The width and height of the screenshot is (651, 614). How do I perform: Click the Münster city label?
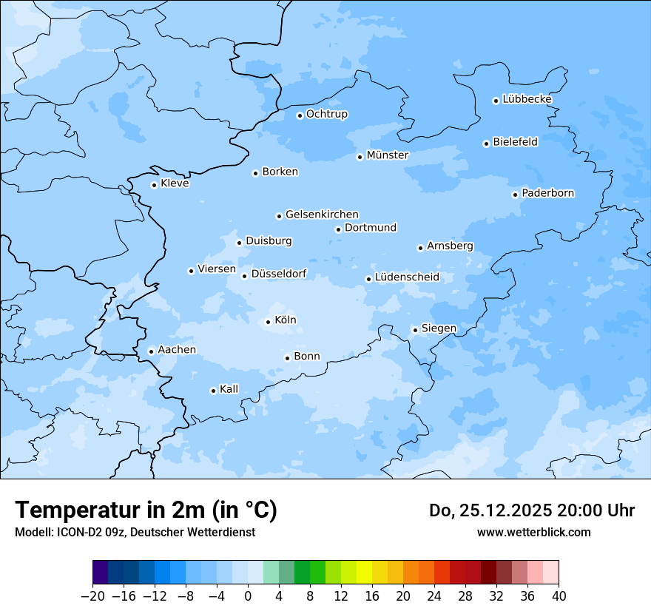(388, 155)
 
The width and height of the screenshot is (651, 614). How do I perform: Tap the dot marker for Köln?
(268, 322)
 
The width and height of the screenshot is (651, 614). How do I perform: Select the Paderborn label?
(547, 194)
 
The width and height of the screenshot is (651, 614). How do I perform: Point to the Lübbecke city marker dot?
(496, 101)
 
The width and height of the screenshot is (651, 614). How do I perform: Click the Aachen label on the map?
(177, 350)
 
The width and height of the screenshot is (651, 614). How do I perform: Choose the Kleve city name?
(175, 183)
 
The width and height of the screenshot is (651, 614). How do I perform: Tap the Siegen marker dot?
(415, 331)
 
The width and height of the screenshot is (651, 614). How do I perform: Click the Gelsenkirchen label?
(322, 215)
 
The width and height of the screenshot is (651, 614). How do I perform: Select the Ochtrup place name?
(327, 114)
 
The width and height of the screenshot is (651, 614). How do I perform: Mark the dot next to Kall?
(213, 391)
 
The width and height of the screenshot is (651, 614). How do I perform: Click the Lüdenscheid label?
(407, 277)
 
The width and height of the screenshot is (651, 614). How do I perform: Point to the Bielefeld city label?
(515, 142)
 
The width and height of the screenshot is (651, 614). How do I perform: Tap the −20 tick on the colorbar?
(93, 596)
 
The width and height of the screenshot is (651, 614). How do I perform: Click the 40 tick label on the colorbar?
(559, 596)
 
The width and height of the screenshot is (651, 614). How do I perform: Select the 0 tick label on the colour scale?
(248, 596)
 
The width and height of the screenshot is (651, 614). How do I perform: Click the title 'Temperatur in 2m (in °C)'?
(146, 510)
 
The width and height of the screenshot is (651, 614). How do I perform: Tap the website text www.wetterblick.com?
(533, 532)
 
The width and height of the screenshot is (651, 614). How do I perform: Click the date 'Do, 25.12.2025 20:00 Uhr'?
(532, 510)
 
